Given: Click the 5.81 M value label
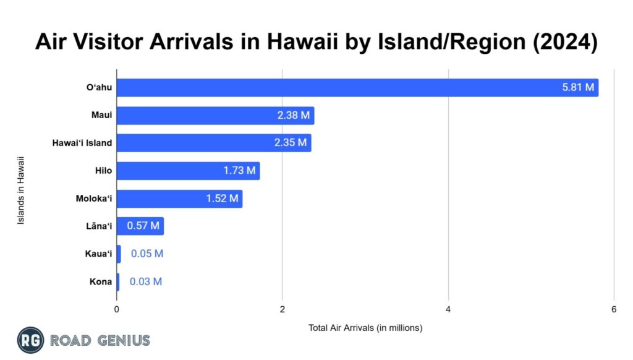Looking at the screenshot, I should (578, 88).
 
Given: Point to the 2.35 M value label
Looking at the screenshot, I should (291, 143).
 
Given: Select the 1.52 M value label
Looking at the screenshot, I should (222, 199).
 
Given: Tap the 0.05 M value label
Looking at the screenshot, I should (147, 254).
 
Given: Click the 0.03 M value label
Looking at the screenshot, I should (146, 281).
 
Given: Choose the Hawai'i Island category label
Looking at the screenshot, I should (82, 143).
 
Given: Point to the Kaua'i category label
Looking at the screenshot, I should (99, 254).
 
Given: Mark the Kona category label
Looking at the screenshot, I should (101, 281).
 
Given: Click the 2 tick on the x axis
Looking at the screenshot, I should (282, 309).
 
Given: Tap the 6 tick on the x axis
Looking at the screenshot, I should (614, 309).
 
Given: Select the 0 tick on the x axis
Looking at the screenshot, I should (117, 309).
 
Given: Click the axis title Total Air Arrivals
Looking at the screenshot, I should (365, 328).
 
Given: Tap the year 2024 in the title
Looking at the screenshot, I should (567, 43).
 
